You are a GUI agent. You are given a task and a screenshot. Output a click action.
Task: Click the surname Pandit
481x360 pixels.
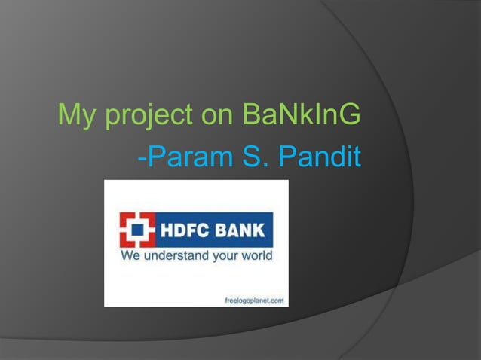[321, 158]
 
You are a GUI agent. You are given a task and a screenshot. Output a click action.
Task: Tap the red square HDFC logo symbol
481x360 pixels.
[137, 230]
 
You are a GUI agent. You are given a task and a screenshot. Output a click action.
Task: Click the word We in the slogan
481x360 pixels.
[131, 256]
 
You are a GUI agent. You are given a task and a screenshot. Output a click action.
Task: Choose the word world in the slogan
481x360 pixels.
[257, 256]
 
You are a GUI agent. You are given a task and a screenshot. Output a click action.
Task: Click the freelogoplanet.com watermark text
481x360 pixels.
[255, 300]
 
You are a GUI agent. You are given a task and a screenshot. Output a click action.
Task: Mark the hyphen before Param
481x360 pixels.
[142, 160]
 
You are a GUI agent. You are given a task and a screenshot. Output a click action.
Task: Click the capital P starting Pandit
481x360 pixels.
[288, 158]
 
